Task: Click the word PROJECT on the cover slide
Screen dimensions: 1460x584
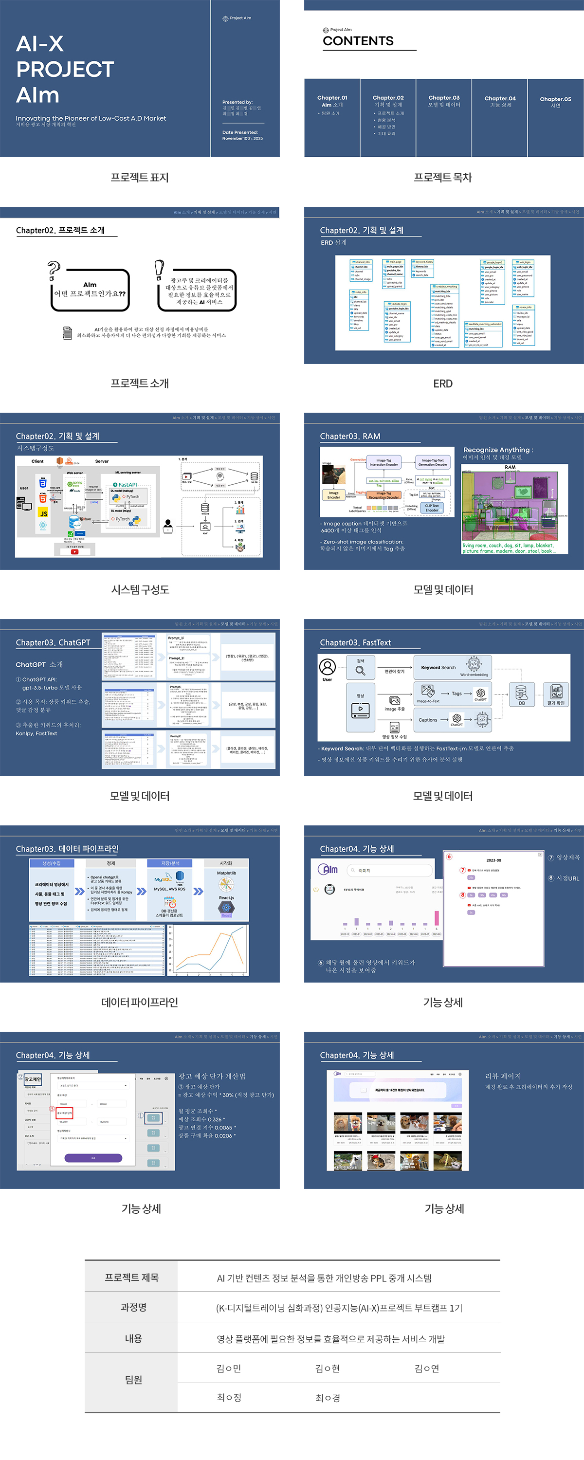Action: click(65, 69)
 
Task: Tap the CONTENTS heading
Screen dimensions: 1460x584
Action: click(358, 41)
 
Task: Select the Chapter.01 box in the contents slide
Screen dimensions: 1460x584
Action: click(332, 117)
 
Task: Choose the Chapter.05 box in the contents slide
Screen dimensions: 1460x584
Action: click(555, 117)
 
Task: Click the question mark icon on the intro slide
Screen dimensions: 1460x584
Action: click(54, 271)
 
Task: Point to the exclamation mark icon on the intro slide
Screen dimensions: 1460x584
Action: click(159, 269)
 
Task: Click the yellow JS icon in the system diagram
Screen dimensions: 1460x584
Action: click(43, 513)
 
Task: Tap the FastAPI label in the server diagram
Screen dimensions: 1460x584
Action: click(127, 485)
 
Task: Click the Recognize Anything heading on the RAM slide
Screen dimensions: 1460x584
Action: click(498, 450)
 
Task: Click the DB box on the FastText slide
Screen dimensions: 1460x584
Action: click(521, 694)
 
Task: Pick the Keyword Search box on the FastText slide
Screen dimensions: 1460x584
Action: click(453, 668)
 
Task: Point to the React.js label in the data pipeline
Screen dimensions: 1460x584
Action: click(226, 898)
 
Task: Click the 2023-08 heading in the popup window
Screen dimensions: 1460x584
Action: click(493, 860)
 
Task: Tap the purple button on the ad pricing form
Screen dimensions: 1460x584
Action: click(93, 1158)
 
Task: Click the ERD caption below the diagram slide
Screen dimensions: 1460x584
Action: click(443, 383)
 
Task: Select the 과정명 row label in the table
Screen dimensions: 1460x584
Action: click(133, 1307)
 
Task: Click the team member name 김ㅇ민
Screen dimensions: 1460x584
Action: click(229, 1369)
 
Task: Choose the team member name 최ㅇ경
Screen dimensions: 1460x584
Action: click(328, 1398)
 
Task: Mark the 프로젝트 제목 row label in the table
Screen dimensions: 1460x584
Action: click(131, 1277)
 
